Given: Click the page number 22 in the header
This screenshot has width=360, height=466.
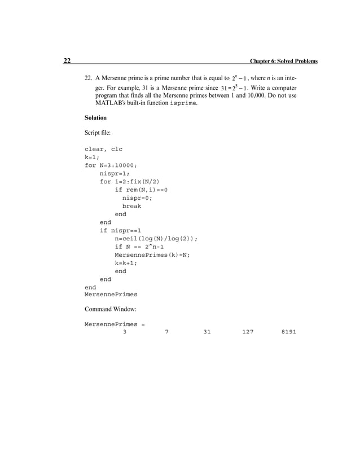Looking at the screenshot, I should point(67,61).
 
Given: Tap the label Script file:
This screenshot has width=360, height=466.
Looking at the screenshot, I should point(98,133).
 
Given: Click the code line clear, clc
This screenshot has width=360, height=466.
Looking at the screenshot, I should point(103,150).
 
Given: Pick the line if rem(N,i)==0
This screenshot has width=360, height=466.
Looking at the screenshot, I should point(141,190).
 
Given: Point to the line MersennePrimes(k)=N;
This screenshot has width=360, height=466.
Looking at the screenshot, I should point(152,255).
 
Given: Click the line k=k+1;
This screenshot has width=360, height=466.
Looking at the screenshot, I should point(126,263).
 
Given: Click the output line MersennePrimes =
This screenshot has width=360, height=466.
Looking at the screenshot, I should point(115,325).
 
